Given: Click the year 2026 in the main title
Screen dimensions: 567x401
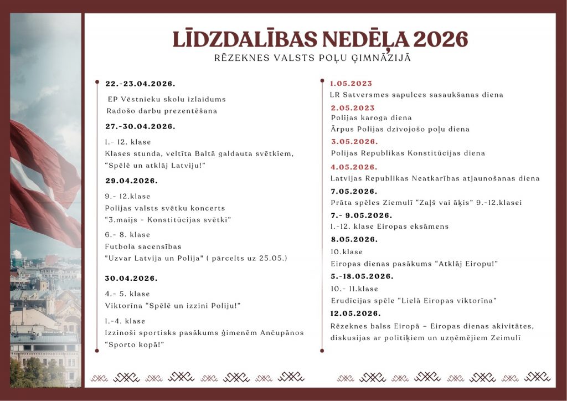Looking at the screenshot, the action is point(441,39).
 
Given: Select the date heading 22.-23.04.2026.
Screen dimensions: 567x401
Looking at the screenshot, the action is point(141,84).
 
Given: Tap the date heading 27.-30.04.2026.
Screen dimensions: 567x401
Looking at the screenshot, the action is point(141,126).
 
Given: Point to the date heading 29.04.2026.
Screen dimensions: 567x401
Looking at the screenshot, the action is point(132,181).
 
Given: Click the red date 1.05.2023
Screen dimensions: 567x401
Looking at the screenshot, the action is point(351,84).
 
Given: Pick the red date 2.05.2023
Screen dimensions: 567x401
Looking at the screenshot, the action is point(353,108).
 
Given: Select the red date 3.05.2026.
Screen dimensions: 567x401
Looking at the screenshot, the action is point(354,141).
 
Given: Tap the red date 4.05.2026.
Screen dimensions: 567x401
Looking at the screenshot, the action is point(354,167).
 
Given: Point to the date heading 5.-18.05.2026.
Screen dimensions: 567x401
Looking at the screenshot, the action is point(362,276).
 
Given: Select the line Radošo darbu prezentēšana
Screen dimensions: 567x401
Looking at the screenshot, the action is point(162,111).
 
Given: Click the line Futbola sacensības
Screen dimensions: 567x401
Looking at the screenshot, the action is point(143,246).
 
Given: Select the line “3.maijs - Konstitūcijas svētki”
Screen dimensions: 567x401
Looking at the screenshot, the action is point(168,220).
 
